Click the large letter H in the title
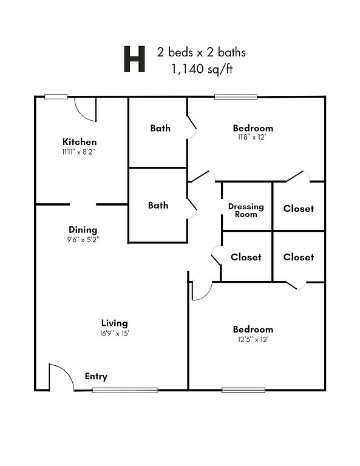coord(134,59)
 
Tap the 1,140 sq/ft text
coord(202,69)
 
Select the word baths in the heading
coord(231,52)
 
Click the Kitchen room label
coord(80,141)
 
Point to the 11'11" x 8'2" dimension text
coord(79,152)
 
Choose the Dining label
coord(83,230)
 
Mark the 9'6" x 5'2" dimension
coord(83,239)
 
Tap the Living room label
coord(115,323)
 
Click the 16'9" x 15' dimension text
coord(115,334)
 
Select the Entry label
coord(96,376)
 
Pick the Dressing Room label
coord(246,211)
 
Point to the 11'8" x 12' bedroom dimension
coord(251,137)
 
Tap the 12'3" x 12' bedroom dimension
coord(253,339)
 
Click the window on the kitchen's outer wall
coord(56,96)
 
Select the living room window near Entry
coord(125,390)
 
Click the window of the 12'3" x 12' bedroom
coord(243,390)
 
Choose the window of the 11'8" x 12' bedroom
coord(236,96)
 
